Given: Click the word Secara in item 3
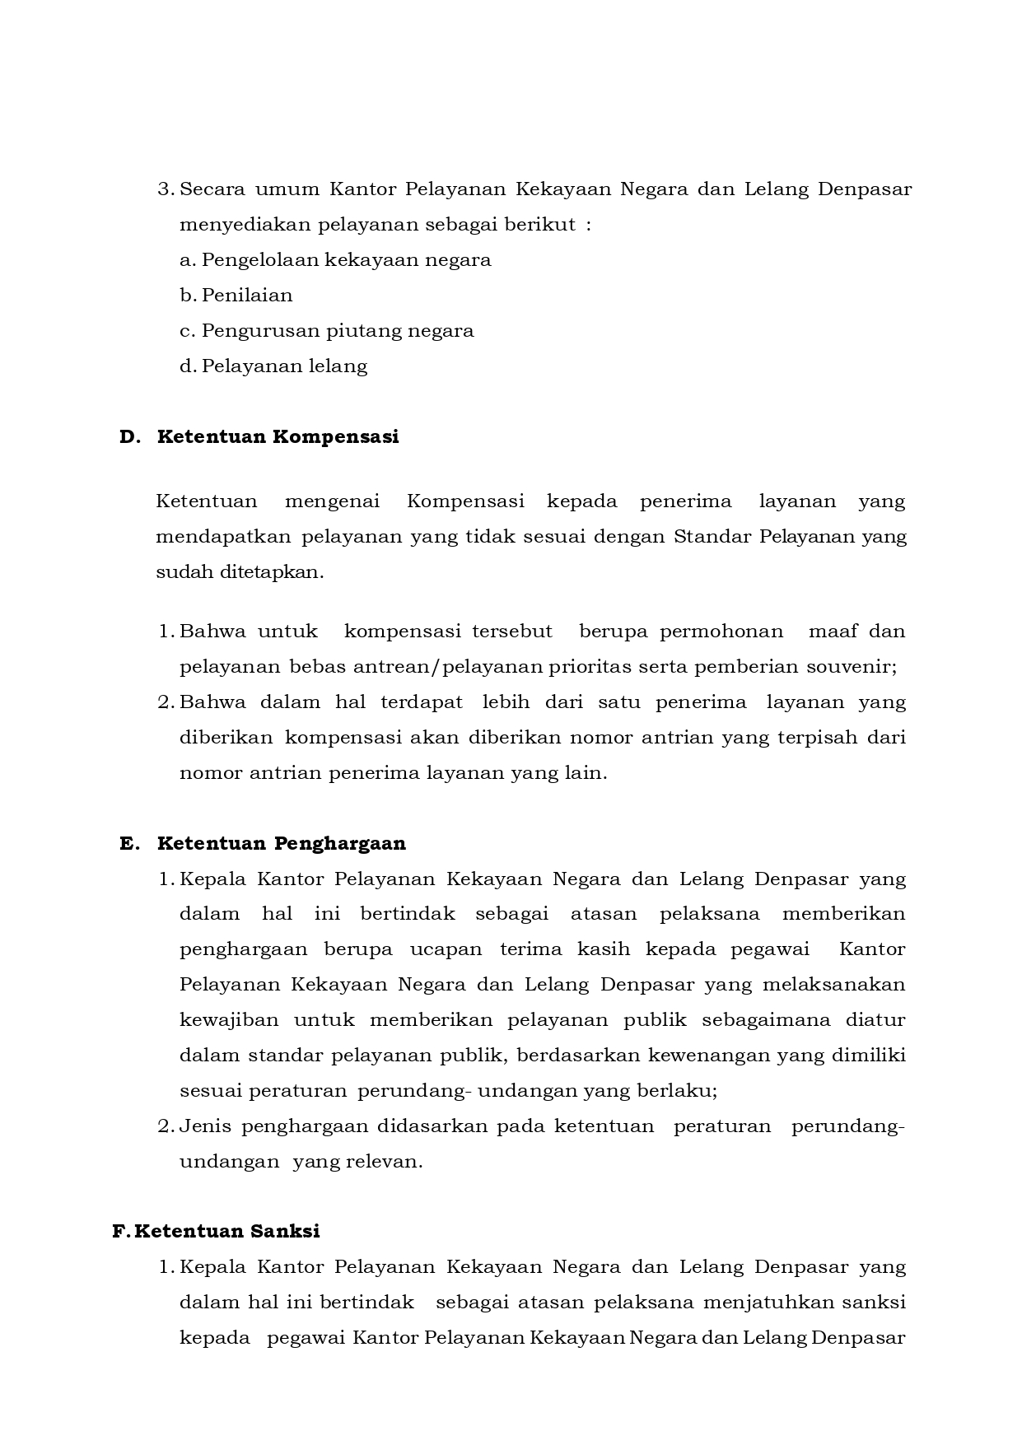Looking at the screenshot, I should [210, 189].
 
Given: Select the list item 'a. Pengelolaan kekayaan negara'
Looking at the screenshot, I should [335, 260].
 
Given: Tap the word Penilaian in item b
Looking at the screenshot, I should [247, 296].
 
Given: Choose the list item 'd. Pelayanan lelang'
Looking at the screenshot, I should [273, 366].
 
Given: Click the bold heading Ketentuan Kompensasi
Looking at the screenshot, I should [278, 436].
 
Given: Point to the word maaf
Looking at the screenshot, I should [833, 632].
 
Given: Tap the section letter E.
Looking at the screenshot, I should [127, 843].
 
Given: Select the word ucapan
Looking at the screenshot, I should [446, 949].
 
